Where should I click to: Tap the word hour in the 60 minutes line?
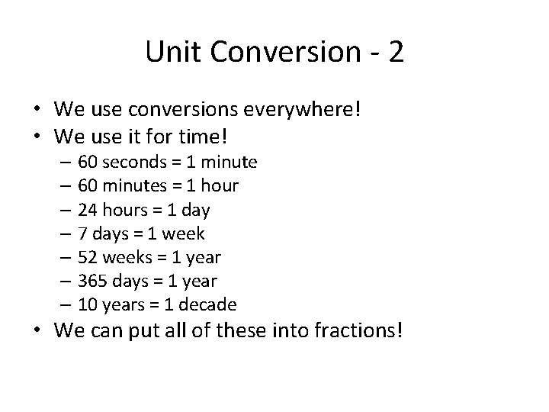click(x=221, y=185)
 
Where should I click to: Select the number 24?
click(x=88, y=209)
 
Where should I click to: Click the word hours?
click(x=125, y=209)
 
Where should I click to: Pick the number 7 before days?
click(x=83, y=233)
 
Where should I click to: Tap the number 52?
click(x=88, y=257)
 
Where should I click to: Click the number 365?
click(x=93, y=281)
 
